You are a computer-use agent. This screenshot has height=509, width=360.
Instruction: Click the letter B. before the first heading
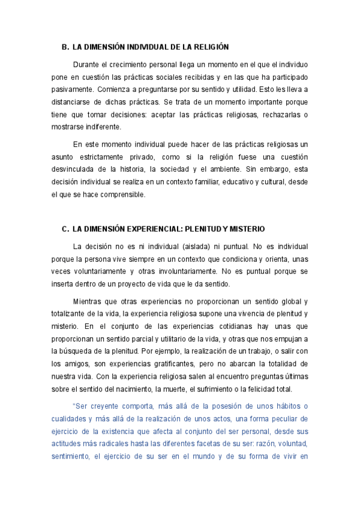(x=65, y=46)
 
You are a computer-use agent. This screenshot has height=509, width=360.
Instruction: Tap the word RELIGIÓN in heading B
(x=209, y=46)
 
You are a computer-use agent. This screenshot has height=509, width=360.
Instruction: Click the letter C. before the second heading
(x=65, y=229)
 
